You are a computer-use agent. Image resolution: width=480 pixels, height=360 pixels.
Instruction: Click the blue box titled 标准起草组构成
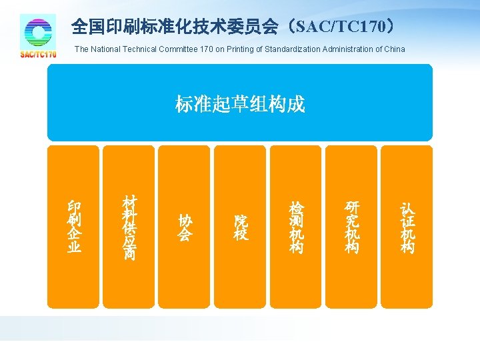pyautogui.click(x=240, y=103)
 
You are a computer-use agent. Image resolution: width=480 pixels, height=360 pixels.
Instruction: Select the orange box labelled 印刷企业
pyautogui.click(x=74, y=227)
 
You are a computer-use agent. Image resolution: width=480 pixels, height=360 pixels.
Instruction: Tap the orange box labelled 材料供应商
pyautogui.click(x=129, y=227)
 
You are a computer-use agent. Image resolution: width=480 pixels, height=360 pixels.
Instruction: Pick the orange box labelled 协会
pyautogui.click(x=185, y=227)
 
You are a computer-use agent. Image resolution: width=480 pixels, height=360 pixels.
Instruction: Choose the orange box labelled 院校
pyautogui.click(x=240, y=227)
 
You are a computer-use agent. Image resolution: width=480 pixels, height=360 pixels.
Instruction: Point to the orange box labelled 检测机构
pyautogui.click(x=295, y=227)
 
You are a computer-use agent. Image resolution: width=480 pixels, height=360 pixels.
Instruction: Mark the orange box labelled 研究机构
pyautogui.click(x=351, y=227)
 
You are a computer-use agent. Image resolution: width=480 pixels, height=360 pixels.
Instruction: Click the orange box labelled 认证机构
pyautogui.click(x=407, y=227)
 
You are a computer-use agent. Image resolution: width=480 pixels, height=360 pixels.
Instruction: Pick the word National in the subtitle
pyautogui.click(x=104, y=49)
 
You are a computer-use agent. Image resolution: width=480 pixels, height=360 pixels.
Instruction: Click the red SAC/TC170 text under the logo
pyautogui.click(x=38, y=55)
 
